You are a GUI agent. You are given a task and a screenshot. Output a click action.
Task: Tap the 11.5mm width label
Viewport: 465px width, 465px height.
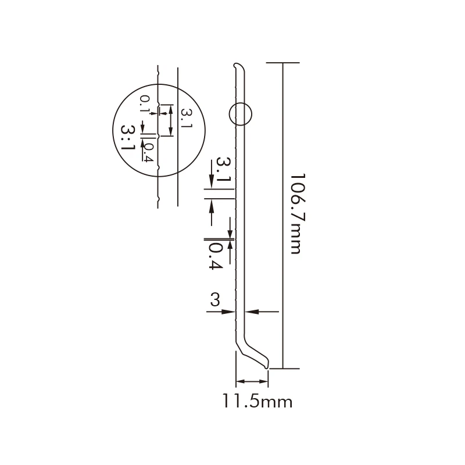(x=257, y=402)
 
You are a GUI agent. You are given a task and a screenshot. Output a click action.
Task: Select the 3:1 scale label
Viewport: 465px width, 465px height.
(x=128, y=137)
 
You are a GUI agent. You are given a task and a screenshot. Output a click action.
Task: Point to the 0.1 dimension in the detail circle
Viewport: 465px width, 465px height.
(x=144, y=103)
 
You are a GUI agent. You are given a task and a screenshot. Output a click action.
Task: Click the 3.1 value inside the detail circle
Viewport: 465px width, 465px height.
(x=187, y=119)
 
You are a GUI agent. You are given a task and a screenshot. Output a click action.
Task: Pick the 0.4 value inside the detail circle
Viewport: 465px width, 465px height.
(x=149, y=152)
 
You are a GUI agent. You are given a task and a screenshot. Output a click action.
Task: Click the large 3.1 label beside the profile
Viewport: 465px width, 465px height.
(x=223, y=169)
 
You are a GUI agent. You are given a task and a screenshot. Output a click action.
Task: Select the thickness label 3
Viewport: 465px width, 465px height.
(x=215, y=299)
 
